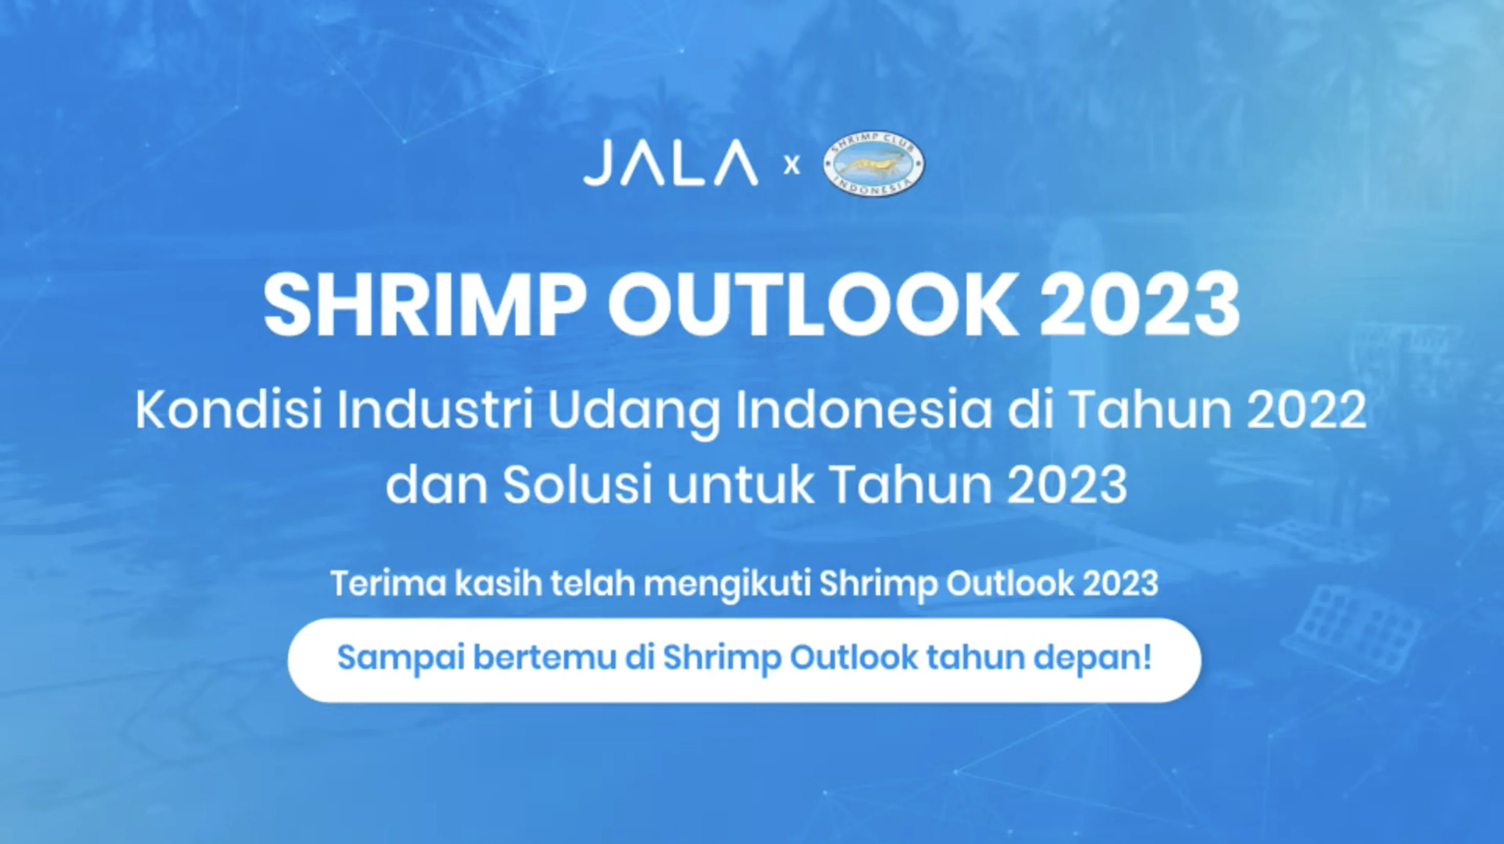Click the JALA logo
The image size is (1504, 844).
(670, 164)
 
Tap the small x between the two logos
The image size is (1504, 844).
(791, 166)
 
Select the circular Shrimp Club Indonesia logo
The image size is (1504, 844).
(873, 164)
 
